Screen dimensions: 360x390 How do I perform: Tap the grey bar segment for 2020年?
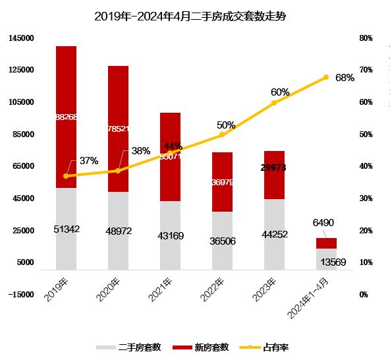coord(118,230)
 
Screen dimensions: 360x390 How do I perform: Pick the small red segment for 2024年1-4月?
coord(326,243)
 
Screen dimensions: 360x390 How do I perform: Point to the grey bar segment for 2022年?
coord(222,254)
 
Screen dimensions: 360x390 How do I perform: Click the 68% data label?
coord(345,78)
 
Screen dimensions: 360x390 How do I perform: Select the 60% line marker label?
coord(280,92)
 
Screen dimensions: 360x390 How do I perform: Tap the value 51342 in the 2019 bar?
coord(66,229)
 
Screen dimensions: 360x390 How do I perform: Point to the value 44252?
coord(274,234)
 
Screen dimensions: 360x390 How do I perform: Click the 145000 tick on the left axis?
coord(21,38)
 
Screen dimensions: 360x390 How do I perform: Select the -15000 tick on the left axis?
coord(21,295)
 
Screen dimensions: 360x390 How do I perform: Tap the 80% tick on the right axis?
coord(366,38)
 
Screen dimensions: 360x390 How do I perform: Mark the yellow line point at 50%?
coord(222,135)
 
